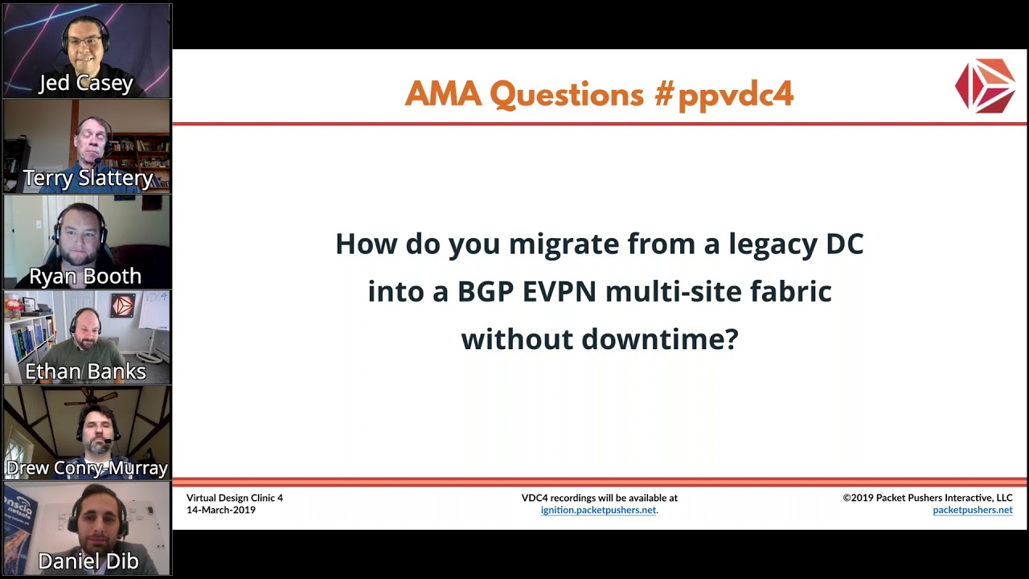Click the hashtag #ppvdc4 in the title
click(x=724, y=95)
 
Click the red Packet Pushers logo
click(x=985, y=84)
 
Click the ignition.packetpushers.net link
click(x=599, y=510)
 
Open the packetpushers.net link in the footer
click(x=972, y=510)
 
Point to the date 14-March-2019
click(x=221, y=510)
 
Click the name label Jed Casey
click(x=86, y=84)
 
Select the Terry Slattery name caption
click(x=87, y=179)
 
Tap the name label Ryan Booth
click(x=85, y=276)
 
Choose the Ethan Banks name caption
click(x=85, y=372)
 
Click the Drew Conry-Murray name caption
click(x=87, y=468)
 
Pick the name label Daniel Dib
click(x=88, y=561)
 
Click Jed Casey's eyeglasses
click(x=85, y=41)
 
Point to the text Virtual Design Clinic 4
click(x=235, y=498)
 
